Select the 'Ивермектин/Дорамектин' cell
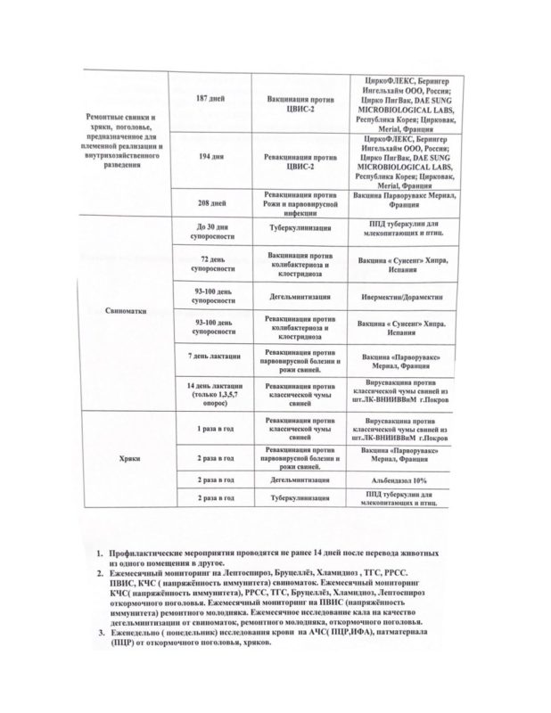click(x=400, y=293)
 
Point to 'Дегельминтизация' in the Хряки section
click(x=300, y=479)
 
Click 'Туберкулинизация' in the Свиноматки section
click(x=300, y=228)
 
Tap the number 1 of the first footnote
click(x=101, y=555)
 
